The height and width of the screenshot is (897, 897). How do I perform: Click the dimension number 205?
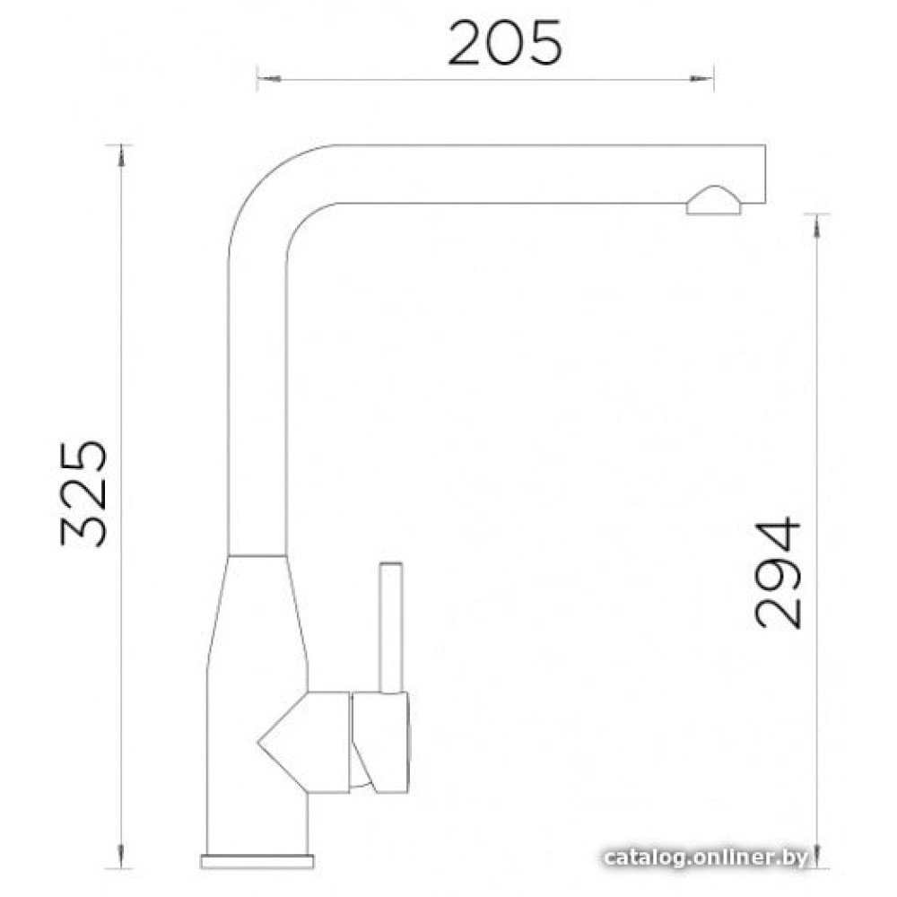tap(504, 43)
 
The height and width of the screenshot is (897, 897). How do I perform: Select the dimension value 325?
tap(83, 493)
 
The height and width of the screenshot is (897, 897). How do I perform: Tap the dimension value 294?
tap(778, 573)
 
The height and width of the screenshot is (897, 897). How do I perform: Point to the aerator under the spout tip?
tap(714, 200)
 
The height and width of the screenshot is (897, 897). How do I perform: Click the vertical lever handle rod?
tap(391, 628)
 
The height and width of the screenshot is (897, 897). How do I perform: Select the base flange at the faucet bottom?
tap(257, 861)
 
